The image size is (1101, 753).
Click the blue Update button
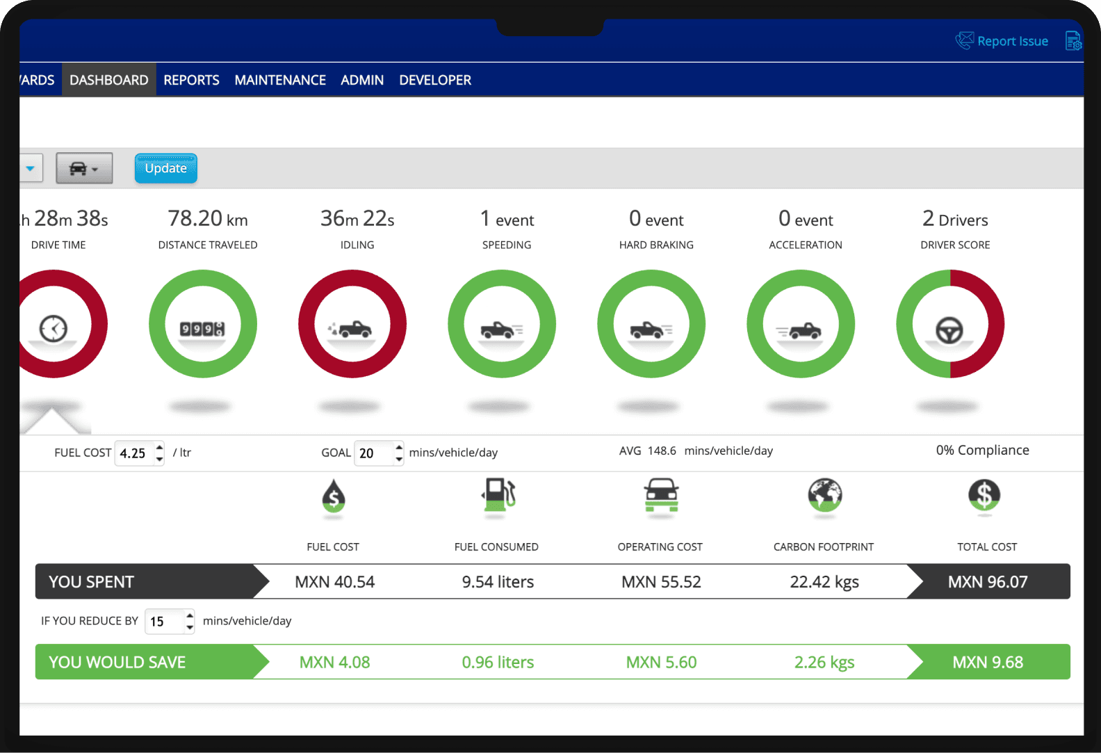pyautogui.click(x=165, y=168)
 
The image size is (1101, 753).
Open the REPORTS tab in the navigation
pyautogui.click(x=191, y=80)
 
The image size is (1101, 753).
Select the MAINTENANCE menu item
pyautogui.click(x=280, y=80)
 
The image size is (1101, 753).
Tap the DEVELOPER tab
pyautogui.click(x=435, y=80)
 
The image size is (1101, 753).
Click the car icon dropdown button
pyautogui.click(x=84, y=168)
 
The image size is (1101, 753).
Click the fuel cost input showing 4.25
pyautogui.click(x=134, y=453)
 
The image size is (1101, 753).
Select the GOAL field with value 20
pyautogui.click(x=373, y=453)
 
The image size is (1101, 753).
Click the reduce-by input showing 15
pyautogui.click(x=165, y=622)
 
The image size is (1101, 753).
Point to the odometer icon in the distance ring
pyautogui.click(x=202, y=328)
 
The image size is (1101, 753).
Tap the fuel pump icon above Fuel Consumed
pyautogui.click(x=498, y=495)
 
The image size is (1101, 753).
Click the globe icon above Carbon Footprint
pyautogui.click(x=824, y=495)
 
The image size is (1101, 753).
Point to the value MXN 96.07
pyautogui.click(x=987, y=582)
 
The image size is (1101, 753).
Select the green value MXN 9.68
pyautogui.click(x=987, y=663)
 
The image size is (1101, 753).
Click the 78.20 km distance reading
pyautogui.click(x=207, y=219)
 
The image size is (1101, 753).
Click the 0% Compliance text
pyautogui.click(x=982, y=451)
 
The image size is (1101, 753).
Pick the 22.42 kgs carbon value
pyautogui.click(x=824, y=582)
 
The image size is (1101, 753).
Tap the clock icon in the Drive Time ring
pyautogui.click(x=54, y=328)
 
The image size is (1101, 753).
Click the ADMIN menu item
pyautogui.click(x=362, y=80)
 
